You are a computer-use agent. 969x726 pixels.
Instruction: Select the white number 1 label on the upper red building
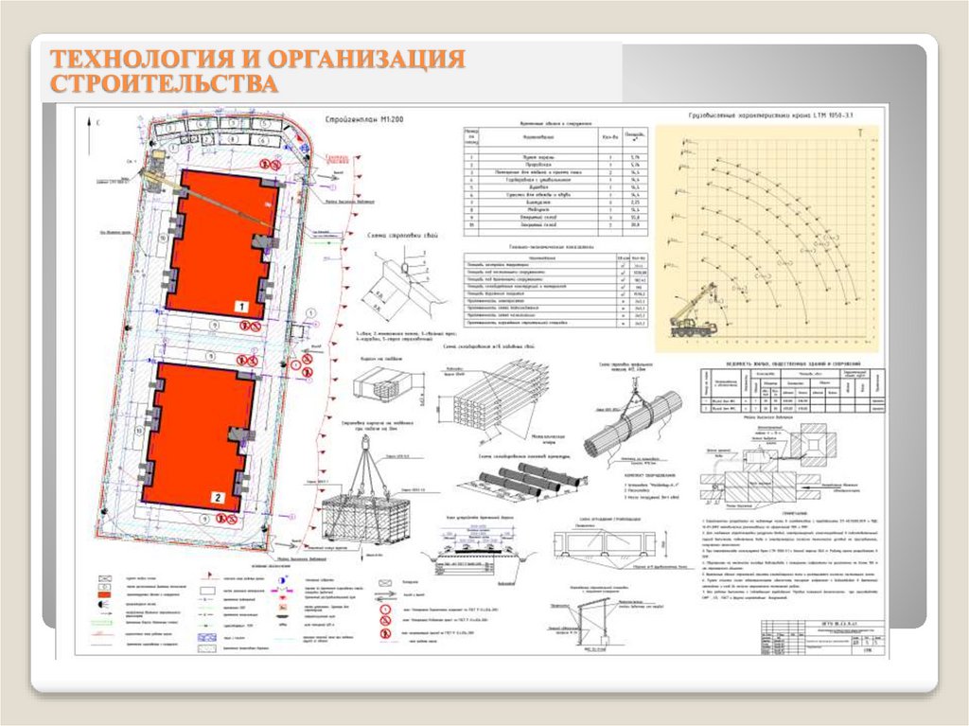(241, 307)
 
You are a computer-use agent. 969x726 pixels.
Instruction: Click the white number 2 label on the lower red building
(218, 497)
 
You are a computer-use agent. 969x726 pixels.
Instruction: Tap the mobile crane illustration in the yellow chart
(695, 313)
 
